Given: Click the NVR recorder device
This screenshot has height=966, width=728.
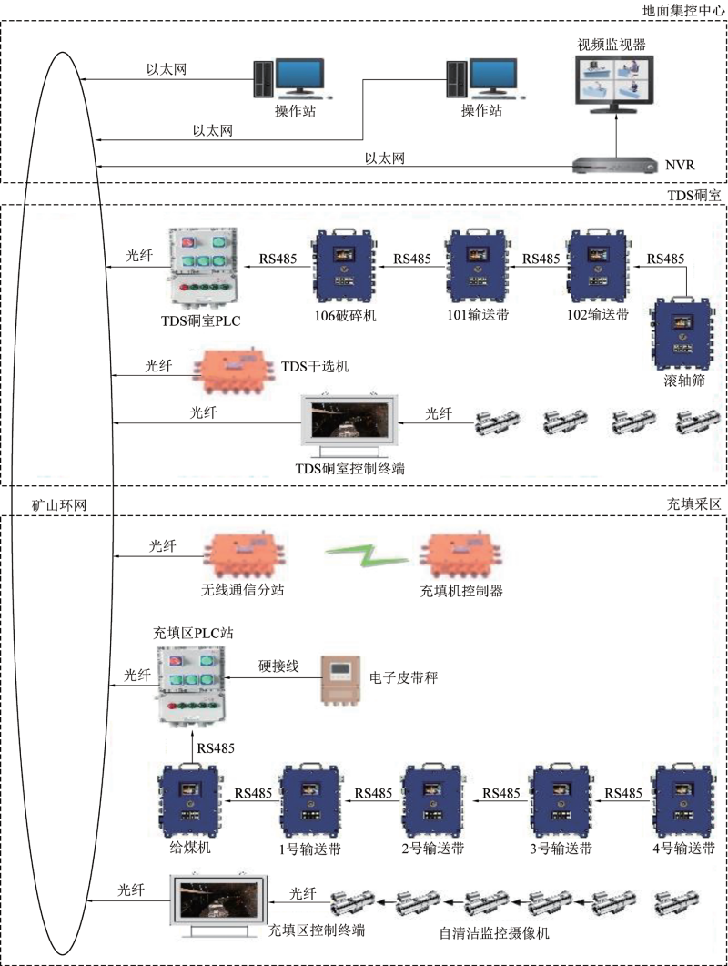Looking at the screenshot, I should point(613,166).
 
